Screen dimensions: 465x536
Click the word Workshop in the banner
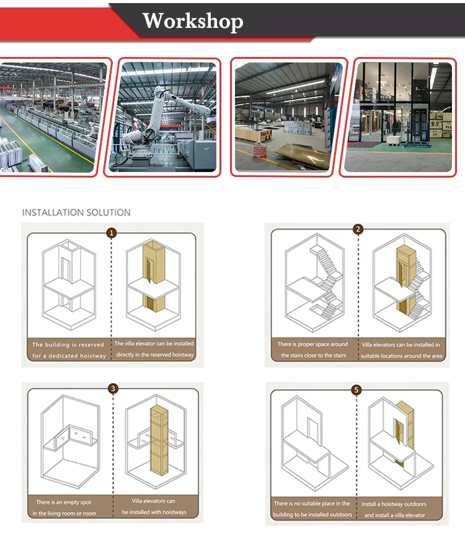[193, 21]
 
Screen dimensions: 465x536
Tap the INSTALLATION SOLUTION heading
[76, 213]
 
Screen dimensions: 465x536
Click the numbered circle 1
[111, 233]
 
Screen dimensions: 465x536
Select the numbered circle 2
[358, 229]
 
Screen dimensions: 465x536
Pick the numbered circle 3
[113, 389]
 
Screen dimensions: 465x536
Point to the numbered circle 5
[356, 390]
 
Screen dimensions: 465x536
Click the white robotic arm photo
[162, 117]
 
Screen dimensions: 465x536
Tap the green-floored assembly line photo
[51, 117]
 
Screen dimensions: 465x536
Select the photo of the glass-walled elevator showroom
[398, 117]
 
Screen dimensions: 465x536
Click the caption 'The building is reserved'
[68, 345]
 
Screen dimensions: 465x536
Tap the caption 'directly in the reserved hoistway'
[155, 355]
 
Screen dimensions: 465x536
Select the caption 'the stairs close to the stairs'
[314, 355]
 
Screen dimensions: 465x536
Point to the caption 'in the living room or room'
[64, 514]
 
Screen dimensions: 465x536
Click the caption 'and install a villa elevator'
[394, 515]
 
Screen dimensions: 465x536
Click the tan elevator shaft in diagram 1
[153, 275]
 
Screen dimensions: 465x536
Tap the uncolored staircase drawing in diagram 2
[327, 282]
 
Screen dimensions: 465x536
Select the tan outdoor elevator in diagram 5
[405, 433]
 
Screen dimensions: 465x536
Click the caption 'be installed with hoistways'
[154, 512]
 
